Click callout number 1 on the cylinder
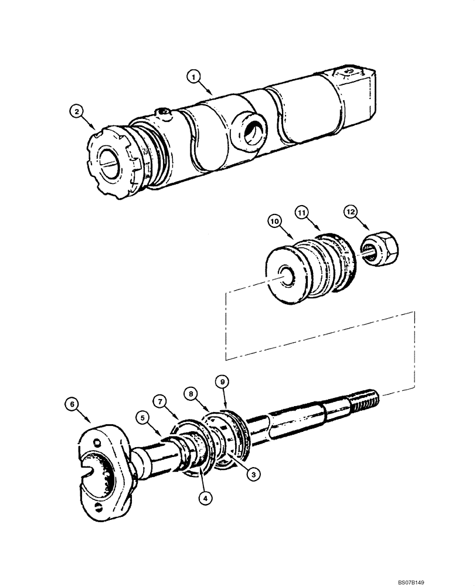(195, 76)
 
